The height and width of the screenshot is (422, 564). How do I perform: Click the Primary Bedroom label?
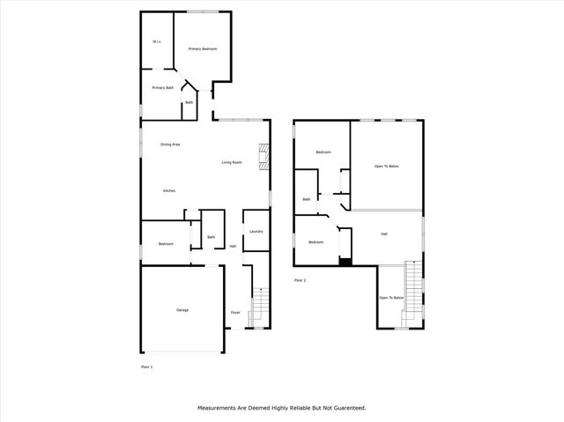[x=203, y=48]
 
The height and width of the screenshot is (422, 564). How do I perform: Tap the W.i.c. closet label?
[x=156, y=41]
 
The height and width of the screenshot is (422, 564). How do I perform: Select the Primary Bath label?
[x=162, y=87]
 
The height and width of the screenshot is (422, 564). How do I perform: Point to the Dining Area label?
[x=170, y=144]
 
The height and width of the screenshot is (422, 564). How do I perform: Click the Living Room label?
[x=233, y=163]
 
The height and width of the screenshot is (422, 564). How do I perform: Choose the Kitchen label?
[x=168, y=191]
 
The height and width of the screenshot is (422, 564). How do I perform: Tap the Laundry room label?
[x=256, y=232]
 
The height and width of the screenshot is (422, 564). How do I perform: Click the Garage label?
[x=182, y=309]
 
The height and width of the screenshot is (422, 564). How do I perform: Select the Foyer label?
[x=235, y=313]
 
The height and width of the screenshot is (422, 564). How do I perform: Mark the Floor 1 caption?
[x=147, y=366]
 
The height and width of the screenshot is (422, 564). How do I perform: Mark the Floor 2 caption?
[x=301, y=280]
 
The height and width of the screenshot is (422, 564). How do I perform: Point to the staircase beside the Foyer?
[x=257, y=307]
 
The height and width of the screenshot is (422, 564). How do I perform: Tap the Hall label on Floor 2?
[x=384, y=233]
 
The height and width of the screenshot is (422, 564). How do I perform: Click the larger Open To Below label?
[x=387, y=166]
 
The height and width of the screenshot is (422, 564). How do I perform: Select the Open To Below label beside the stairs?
[x=391, y=298]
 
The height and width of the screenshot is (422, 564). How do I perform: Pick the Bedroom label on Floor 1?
[x=166, y=243]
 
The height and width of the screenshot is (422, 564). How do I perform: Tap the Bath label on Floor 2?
[x=306, y=199]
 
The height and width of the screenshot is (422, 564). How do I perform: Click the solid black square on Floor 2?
[x=345, y=261]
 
